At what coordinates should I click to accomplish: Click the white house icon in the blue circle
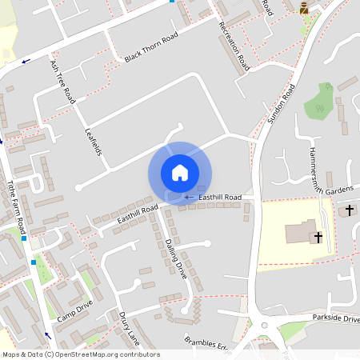pyautogui.click(x=180, y=172)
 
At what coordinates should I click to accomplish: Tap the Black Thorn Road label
pyautogui.click(x=151, y=50)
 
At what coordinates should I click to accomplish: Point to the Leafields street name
pyautogui.click(x=93, y=139)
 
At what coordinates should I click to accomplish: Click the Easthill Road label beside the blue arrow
pyautogui.click(x=220, y=197)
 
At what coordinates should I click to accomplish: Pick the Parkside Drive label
pyautogui.click(x=335, y=318)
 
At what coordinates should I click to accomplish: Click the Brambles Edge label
pyautogui.click(x=206, y=343)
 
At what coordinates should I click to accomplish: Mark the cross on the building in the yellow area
pyautogui.click(x=318, y=237)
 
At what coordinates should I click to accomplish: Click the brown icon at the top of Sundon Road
pyautogui.click(x=304, y=8)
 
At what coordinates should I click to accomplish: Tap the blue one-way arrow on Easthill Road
pyautogui.click(x=189, y=197)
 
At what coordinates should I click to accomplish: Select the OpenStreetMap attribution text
pyautogui.click(x=80, y=354)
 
